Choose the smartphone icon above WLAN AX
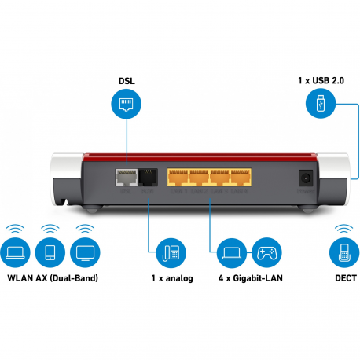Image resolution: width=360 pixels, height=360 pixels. pos(51,252)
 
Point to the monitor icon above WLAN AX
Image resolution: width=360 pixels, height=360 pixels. pos(84,252)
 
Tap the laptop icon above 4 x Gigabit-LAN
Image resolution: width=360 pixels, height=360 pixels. pos(230,252)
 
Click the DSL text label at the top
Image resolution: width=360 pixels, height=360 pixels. pos(127,80)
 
